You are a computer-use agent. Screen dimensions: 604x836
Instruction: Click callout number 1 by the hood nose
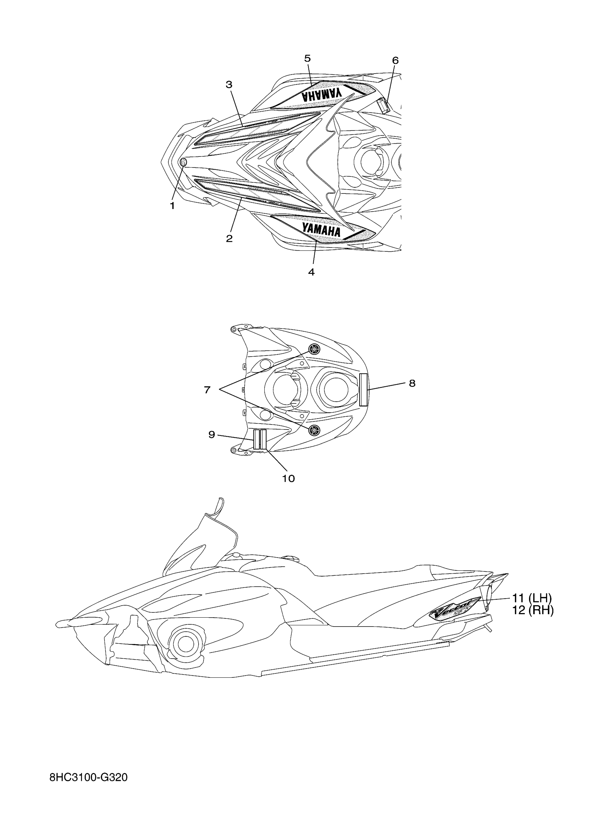coord(172,206)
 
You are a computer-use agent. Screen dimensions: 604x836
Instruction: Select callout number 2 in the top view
coord(229,239)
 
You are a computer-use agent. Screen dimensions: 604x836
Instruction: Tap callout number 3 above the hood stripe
coord(229,84)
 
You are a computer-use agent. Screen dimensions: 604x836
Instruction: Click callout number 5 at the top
coord(308,58)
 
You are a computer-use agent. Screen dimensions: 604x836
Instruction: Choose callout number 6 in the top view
coord(395,60)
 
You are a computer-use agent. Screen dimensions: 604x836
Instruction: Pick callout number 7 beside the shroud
coord(207,390)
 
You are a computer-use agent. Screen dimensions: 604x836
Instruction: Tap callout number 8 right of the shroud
coord(412,383)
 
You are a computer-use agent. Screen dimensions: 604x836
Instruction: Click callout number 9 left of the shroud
coord(212,435)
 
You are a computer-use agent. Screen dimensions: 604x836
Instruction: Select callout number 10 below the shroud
coord(289,479)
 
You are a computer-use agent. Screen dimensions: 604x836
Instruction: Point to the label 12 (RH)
coord(533,611)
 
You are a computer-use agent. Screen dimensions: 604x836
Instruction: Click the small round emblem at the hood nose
coord(183,162)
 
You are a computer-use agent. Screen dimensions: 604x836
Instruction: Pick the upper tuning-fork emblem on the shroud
coord(314,349)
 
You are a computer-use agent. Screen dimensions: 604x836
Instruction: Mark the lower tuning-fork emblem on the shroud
coord(314,429)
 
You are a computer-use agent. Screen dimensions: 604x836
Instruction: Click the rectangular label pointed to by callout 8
coord(363,389)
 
